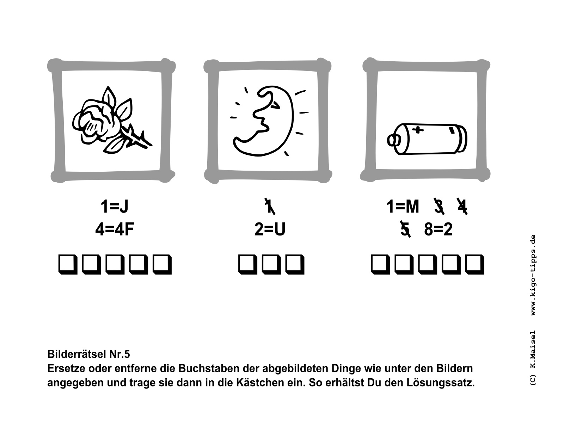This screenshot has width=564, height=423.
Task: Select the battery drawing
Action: point(427,139)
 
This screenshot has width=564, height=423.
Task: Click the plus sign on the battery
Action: point(418,130)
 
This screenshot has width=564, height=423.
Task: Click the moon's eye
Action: point(275,105)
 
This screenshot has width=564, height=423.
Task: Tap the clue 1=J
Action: point(114,207)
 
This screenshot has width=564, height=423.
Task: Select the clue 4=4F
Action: point(115,229)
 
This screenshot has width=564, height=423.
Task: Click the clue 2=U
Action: point(270,229)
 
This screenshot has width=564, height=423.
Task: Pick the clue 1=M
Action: point(403,207)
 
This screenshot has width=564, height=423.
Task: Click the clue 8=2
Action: point(439,229)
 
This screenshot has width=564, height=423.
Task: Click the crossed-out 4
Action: point(462,206)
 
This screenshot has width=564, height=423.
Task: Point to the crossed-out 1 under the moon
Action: point(270,206)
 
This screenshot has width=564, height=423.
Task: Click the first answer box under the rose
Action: point(68,264)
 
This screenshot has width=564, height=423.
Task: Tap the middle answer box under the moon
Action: point(271,264)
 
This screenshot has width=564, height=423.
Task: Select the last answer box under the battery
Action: point(475,264)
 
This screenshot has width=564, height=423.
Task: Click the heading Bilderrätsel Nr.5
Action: point(88,354)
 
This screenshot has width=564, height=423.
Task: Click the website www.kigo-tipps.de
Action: point(533,275)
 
